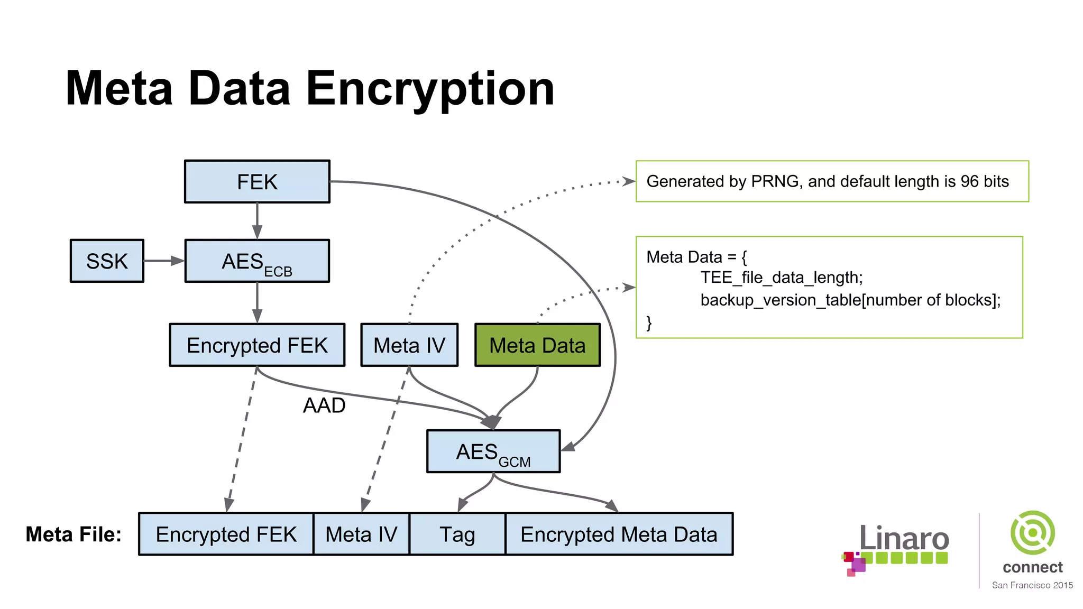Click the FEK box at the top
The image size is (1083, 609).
(x=257, y=182)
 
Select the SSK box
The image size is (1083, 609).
(x=107, y=261)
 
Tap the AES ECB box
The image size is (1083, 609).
(x=257, y=261)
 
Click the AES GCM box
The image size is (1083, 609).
(x=493, y=451)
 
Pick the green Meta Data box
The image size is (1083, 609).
(x=537, y=345)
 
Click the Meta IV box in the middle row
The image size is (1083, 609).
(x=409, y=345)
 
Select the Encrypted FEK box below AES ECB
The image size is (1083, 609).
(x=257, y=345)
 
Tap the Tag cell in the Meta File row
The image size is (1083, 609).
(x=457, y=534)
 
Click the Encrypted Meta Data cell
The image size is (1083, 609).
(x=619, y=534)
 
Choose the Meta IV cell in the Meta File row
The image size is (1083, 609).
(x=361, y=534)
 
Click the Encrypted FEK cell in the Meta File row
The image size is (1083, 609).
(x=226, y=534)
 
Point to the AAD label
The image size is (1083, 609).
(x=324, y=405)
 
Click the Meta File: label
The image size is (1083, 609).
(x=74, y=534)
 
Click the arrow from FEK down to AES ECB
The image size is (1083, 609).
(x=257, y=221)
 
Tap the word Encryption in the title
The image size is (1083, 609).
(x=430, y=89)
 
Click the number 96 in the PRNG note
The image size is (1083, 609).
(x=970, y=181)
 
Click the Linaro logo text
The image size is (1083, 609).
(x=904, y=539)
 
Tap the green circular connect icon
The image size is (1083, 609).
(x=1032, y=532)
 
